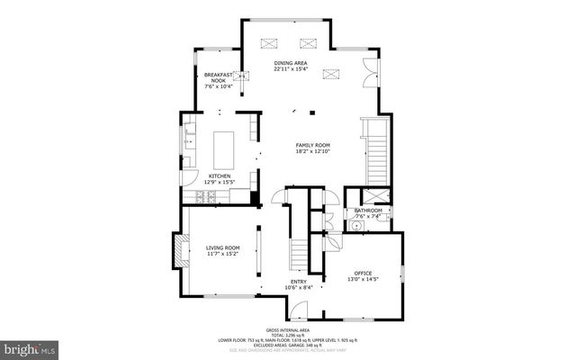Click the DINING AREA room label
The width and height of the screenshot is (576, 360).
(x=290, y=62)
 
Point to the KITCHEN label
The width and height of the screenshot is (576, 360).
(x=220, y=175)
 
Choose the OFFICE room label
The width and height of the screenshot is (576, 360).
(x=363, y=273)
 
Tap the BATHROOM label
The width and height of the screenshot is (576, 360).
(x=368, y=211)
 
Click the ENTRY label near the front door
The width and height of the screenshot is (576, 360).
(x=298, y=282)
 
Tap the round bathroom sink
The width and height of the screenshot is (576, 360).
(x=355, y=226)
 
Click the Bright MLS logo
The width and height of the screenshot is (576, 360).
(x=30, y=346)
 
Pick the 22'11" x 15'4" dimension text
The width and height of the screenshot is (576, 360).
(x=290, y=68)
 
